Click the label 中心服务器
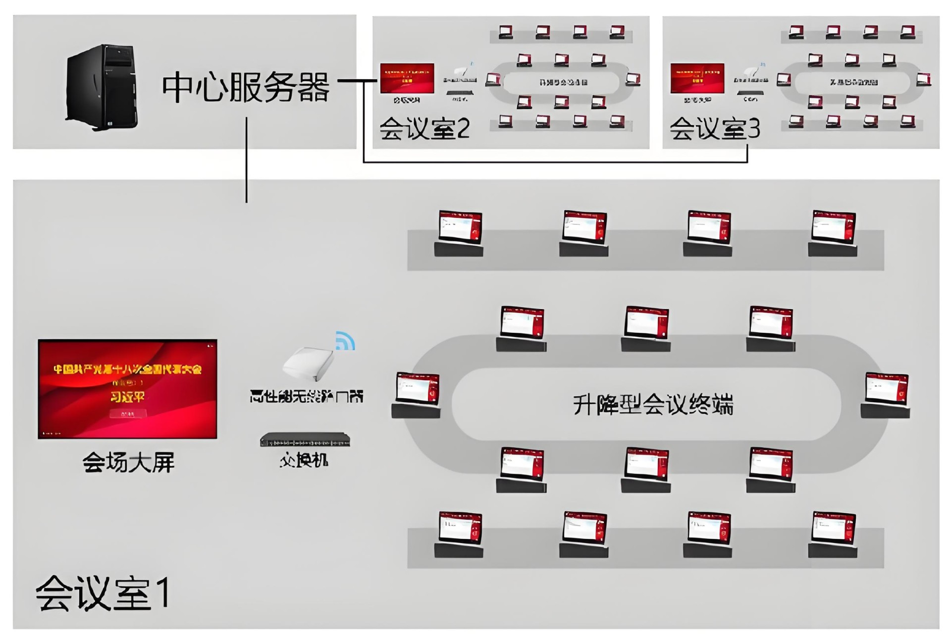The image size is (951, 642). (246, 88)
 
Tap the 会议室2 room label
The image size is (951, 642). (424, 128)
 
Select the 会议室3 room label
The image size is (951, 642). (715, 128)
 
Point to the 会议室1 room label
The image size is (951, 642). (103, 592)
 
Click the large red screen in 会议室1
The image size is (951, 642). (127, 389)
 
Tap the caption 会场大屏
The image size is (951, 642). (128, 462)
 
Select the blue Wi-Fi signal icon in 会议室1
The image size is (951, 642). (346, 341)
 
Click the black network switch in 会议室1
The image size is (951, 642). (305, 439)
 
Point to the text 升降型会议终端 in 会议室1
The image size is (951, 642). (653, 405)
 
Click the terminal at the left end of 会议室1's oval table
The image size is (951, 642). (417, 395)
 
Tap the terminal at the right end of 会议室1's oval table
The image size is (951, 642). (886, 395)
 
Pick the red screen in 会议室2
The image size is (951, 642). (407, 78)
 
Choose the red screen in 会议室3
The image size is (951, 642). (697, 78)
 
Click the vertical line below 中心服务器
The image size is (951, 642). (247, 160)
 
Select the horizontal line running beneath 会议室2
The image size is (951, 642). (555, 162)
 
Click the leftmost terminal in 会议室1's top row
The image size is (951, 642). (460, 233)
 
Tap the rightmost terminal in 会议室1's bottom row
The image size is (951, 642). (833, 534)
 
